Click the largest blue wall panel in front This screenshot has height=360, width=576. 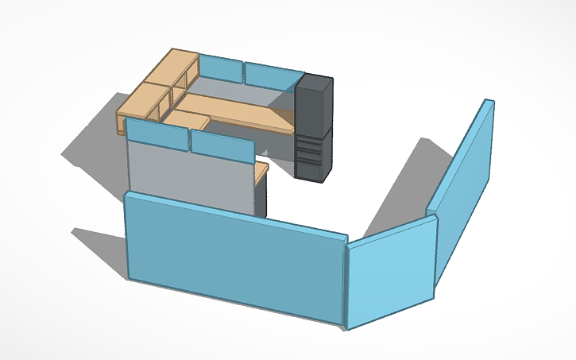(x=234, y=254)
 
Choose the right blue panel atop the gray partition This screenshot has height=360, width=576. (x=221, y=145)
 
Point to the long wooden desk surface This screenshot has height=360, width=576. (x=238, y=111)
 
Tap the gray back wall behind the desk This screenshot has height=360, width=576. (x=238, y=90)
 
